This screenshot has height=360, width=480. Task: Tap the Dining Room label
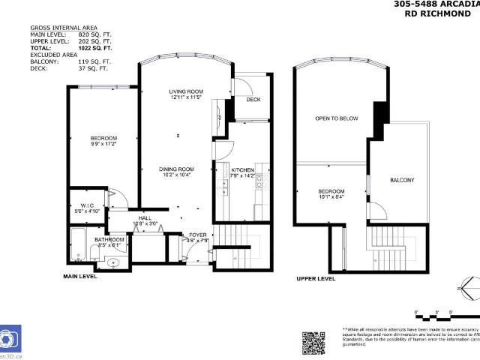pos(176,169)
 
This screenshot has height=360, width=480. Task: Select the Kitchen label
pos(243,170)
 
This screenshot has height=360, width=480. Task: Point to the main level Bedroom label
pos(103,138)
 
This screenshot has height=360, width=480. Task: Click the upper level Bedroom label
pos(331,191)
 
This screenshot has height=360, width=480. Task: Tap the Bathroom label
pos(110,240)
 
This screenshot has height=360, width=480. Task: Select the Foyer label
pos(197,235)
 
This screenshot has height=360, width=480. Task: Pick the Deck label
pos(253,100)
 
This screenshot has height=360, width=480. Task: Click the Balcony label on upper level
pos(402,181)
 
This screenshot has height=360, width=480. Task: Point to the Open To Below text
pos(336,118)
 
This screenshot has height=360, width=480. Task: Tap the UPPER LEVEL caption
pos(316,278)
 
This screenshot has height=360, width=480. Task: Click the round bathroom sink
pos(113,262)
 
